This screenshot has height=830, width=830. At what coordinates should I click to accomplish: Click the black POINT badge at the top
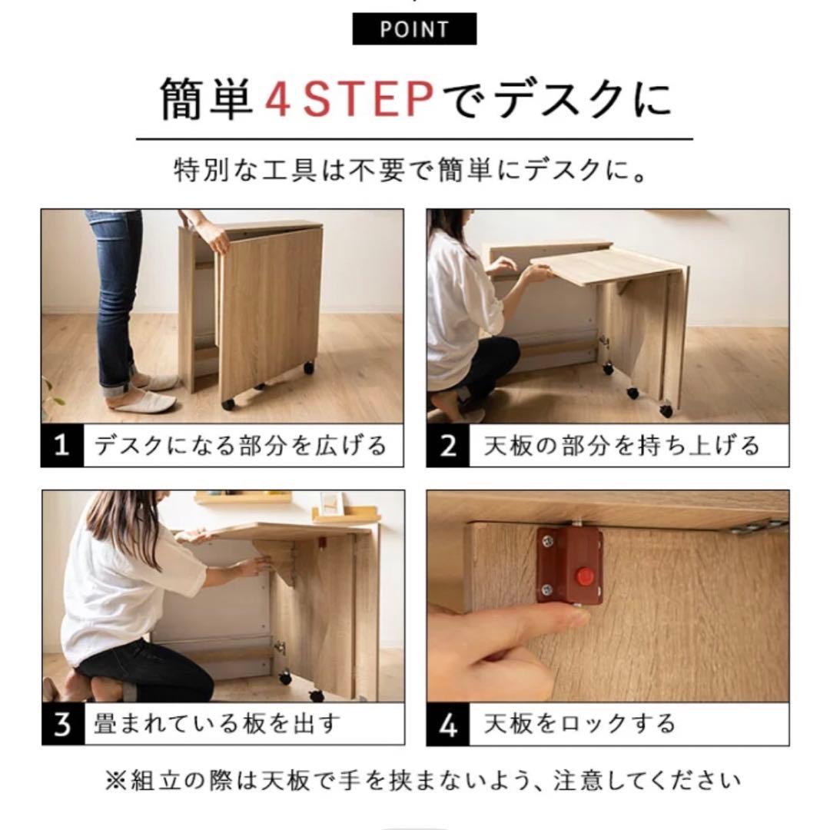(x=414, y=30)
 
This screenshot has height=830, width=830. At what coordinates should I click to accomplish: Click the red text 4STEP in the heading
(x=349, y=100)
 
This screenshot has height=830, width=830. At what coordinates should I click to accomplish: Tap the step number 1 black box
(x=61, y=445)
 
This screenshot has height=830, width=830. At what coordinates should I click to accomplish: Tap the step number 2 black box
(x=448, y=445)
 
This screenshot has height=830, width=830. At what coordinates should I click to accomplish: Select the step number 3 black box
(x=62, y=724)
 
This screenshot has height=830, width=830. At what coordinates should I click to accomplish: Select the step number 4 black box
(x=448, y=724)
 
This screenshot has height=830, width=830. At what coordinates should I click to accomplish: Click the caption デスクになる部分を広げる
(x=240, y=445)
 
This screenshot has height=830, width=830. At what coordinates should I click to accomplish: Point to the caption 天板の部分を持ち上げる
(x=621, y=445)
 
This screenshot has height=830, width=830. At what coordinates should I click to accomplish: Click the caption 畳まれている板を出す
(x=217, y=724)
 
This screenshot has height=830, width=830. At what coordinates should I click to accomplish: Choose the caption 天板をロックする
(x=579, y=724)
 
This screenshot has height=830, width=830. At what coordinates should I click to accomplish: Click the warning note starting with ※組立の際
(x=414, y=782)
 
